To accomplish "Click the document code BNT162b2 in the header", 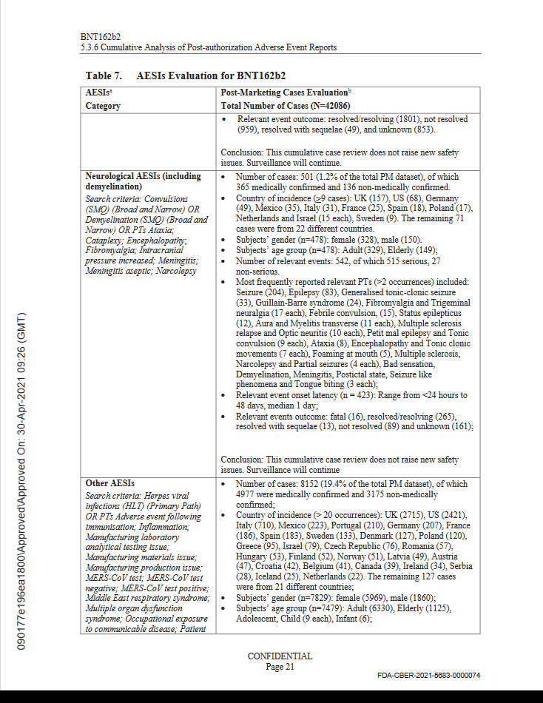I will tap(99, 36).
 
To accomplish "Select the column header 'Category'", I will tap(103, 106).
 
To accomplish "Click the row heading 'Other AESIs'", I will tap(110, 483).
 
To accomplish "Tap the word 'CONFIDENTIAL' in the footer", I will tap(280, 656).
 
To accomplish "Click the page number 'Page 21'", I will tap(280, 667).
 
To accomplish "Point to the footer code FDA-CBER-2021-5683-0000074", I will tap(428, 676).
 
